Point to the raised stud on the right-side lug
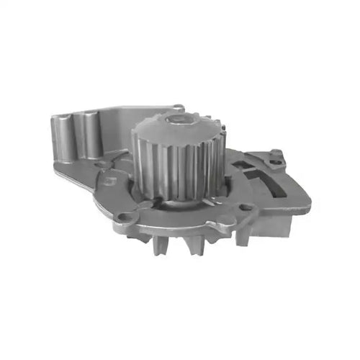click(274, 153)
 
